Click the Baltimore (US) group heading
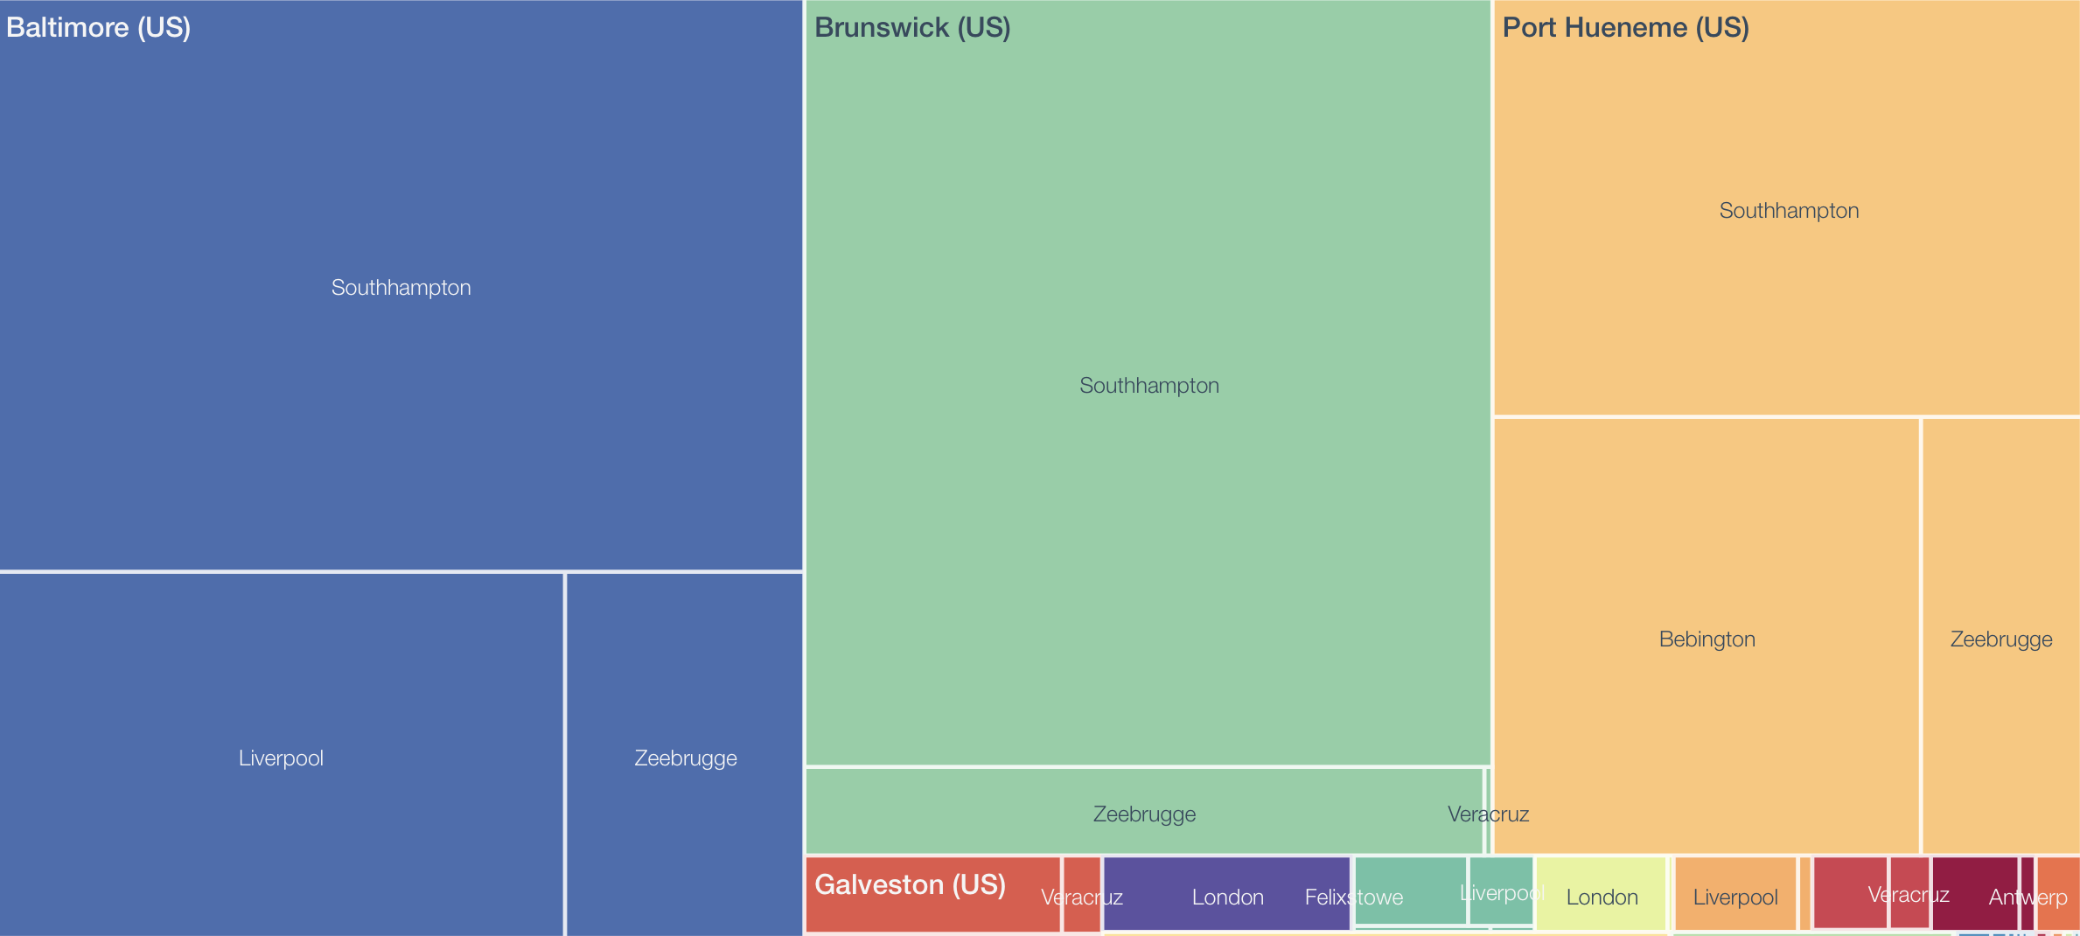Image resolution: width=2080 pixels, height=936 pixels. pos(98,27)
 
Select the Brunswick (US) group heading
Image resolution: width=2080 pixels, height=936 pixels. pos(912,27)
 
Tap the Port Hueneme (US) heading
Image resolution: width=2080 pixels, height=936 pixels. pos(1625,27)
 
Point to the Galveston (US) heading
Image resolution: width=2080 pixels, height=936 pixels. pos(910,884)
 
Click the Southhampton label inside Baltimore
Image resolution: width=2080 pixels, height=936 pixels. pos(401,288)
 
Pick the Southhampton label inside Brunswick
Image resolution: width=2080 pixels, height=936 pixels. pos(1148,386)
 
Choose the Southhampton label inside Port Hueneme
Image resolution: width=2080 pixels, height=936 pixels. pos(1789,211)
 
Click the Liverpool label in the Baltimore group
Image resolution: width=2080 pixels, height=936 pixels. pos(281,758)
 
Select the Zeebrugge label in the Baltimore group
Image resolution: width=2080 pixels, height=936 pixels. pos(685,758)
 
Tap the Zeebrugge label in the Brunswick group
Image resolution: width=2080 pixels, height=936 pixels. pos(1144,814)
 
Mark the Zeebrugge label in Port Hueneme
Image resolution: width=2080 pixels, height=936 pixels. pos(2000,639)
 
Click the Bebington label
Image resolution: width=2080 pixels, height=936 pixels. pos(1707,639)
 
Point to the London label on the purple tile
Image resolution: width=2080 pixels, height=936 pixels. pos(1227,898)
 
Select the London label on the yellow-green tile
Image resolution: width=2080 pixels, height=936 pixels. pos(1602,898)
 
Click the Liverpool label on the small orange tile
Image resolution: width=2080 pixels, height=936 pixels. pos(1735,898)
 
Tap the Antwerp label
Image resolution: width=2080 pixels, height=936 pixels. pos(2028,898)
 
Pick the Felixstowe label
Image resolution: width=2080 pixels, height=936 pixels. pos(1353,898)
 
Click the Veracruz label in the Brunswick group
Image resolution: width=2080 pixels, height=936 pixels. pos(1488,814)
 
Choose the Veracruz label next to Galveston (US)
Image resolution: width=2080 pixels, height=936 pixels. pos(1081,898)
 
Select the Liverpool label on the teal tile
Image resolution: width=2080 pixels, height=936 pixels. pos(1501,893)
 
